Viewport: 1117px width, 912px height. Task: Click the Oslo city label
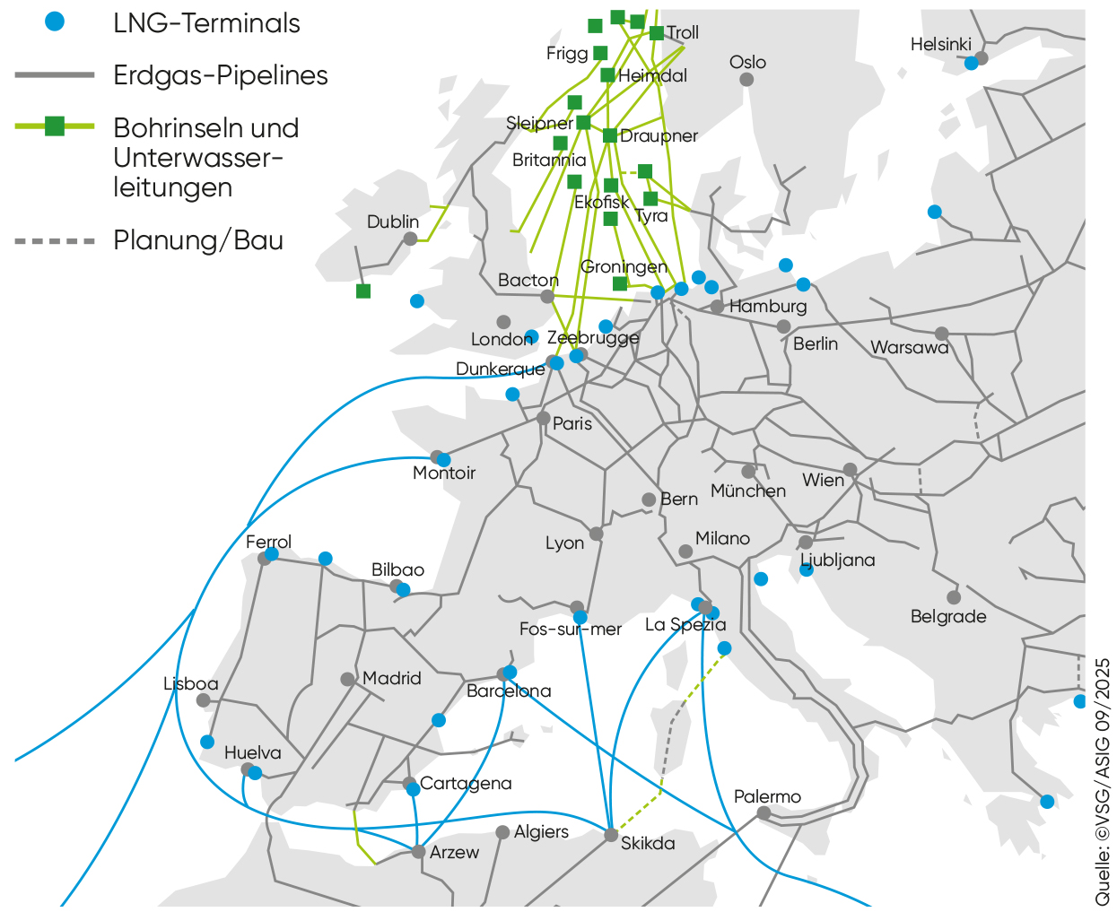pyautogui.click(x=747, y=62)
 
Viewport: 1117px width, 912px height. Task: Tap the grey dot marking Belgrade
pyautogui.click(x=954, y=597)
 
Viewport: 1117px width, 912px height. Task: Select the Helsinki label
pyautogui.click(x=940, y=44)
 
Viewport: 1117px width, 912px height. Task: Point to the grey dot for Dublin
pyautogui.click(x=410, y=239)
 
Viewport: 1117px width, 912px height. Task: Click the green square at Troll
pyautogui.click(x=657, y=33)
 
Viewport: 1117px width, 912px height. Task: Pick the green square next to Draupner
pyautogui.click(x=610, y=135)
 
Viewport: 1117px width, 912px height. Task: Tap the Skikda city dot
pyautogui.click(x=611, y=835)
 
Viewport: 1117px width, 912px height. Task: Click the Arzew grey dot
pyautogui.click(x=418, y=851)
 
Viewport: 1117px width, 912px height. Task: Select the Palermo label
pyautogui.click(x=767, y=796)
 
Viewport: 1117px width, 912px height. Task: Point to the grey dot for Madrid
pyautogui.click(x=348, y=679)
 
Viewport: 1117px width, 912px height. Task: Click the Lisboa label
pyautogui.click(x=190, y=683)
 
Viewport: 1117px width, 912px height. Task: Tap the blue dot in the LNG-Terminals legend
pyautogui.click(x=56, y=22)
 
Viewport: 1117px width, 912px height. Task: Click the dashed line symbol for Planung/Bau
pyautogui.click(x=55, y=240)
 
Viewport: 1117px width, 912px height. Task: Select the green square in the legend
pyautogui.click(x=55, y=126)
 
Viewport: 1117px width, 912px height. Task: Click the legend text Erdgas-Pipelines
pyautogui.click(x=221, y=75)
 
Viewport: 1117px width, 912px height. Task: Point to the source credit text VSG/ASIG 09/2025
pyautogui.click(x=1103, y=780)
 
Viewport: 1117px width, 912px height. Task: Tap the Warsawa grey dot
pyautogui.click(x=941, y=334)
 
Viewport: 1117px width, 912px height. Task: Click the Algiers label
pyautogui.click(x=541, y=831)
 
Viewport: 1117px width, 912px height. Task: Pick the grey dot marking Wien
pyautogui.click(x=850, y=470)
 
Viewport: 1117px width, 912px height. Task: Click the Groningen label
pyautogui.click(x=624, y=266)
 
